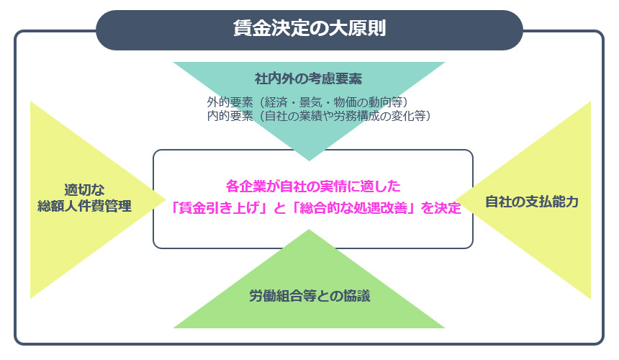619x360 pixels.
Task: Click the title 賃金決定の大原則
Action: click(309, 28)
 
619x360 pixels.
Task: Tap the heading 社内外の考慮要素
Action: click(308, 78)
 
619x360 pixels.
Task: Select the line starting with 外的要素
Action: click(307, 102)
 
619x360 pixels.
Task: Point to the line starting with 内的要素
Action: click(319, 116)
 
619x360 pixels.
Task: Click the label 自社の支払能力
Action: click(531, 202)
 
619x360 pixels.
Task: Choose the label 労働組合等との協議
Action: click(309, 296)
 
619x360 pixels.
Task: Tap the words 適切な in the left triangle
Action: click(84, 190)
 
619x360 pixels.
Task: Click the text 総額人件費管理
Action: click(84, 206)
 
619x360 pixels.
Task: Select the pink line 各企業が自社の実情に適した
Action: click(313, 186)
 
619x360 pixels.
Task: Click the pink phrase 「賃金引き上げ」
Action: click(220, 207)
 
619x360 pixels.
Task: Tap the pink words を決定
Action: click(440, 207)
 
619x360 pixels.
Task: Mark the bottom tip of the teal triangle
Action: click(309, 161)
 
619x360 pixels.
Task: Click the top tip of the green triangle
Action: click(309, 230)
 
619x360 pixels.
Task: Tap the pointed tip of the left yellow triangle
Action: click(166, 199)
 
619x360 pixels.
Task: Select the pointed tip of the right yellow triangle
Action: click(455, 199)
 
